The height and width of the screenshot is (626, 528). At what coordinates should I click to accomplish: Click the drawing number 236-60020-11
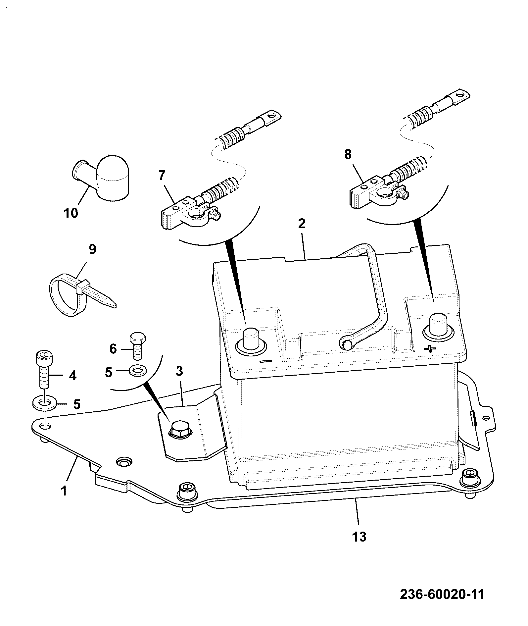tap(442, 594)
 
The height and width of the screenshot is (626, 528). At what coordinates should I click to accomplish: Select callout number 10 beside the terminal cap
tap(71, 213)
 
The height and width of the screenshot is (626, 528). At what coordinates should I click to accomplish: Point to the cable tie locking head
tap(83, 287)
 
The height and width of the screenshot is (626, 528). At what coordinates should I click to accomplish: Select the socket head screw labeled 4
tap(43, 369)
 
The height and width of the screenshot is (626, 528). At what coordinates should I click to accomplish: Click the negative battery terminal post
tap(251, 341)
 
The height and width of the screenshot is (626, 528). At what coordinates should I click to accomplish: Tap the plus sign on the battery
tap(430, 349)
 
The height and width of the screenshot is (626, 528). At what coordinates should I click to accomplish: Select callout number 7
tap(161, 175)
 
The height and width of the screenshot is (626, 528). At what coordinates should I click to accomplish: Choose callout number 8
tap(348, 154)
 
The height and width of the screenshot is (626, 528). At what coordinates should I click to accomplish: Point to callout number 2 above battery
tap(301, 224)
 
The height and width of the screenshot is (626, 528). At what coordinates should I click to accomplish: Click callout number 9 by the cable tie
tap(92, 249)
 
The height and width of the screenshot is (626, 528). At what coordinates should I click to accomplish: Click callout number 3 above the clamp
tap(179, 371)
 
